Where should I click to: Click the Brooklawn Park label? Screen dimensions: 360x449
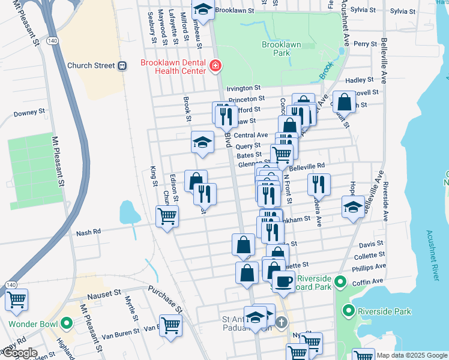[276, 49]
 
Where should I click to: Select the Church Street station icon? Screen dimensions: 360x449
[122, 65]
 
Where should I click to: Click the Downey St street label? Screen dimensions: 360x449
[29, 112]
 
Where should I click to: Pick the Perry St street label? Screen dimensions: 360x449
[365, 44]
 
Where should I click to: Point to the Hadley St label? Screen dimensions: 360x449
[360, 80]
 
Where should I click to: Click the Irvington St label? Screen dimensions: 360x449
[243, 88]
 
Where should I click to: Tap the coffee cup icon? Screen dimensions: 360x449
[283, 280]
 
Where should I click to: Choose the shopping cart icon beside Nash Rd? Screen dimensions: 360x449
[167, 215]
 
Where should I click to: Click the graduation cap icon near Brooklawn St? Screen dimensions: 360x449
[203, 10]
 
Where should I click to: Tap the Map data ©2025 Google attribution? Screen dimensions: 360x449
[411, 355]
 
